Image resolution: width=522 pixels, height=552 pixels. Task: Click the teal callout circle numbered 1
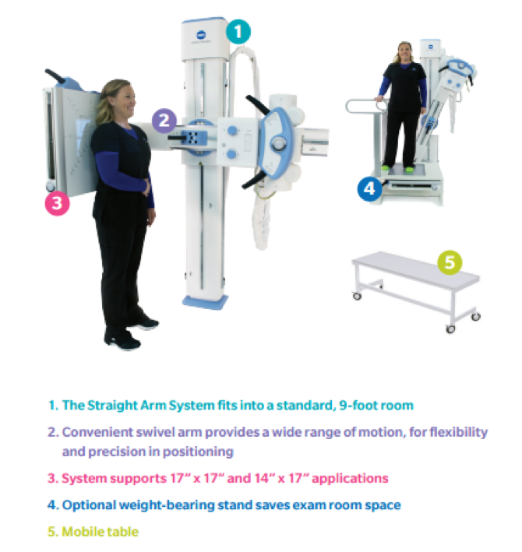click(238, 32)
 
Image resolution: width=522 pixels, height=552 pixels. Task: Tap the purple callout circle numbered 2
click(164, 121)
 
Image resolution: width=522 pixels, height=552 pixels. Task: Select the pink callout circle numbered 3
click(57, 203)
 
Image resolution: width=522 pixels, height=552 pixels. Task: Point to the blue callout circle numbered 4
click(369, 189)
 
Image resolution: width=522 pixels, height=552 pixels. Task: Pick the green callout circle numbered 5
click(450, 262)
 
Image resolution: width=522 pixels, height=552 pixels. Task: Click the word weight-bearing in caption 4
click(167, 505)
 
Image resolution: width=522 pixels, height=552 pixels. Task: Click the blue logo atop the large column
click(201, 35)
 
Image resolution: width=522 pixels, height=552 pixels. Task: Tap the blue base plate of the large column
click(206, 302)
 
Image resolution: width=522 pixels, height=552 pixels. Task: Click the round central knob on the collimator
click(279, 142)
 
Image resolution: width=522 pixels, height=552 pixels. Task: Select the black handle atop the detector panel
click(55, 76)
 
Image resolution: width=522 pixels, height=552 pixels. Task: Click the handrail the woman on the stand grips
click(364, 105)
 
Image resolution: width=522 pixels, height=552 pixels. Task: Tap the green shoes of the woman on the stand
click(397, 169)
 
